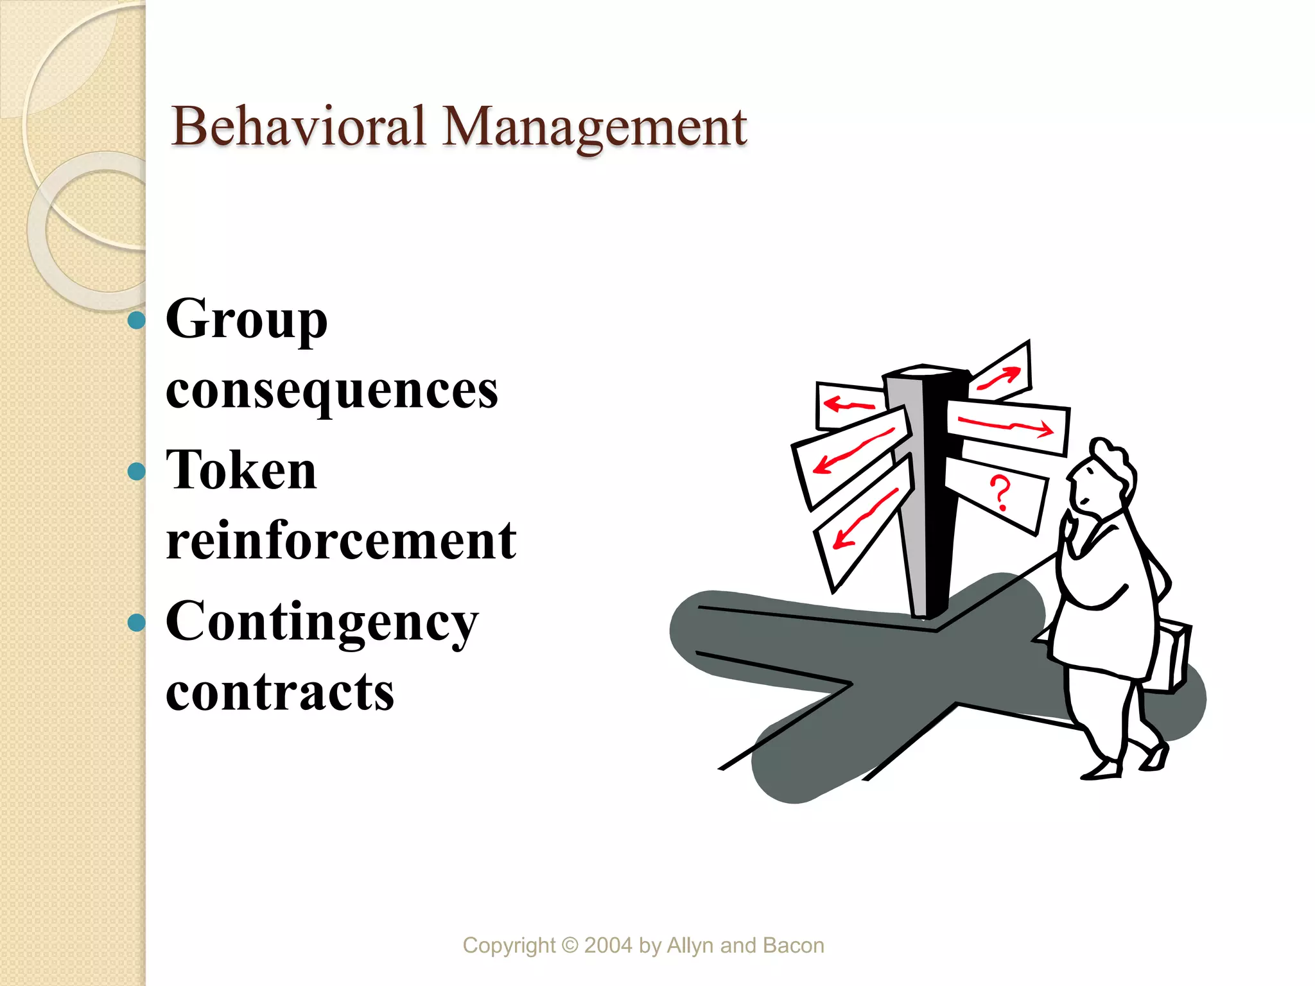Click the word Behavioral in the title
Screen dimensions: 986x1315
click(299, 126)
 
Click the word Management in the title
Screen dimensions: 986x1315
click(595, 127)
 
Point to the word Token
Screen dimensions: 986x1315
click(241, 470)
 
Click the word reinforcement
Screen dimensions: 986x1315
click(341, 541)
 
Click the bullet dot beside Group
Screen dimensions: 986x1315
click(137, 320)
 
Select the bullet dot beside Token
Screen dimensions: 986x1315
click(137, 472)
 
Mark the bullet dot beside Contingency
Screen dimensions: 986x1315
click(137, 622)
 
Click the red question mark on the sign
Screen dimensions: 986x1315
click(1000, 493)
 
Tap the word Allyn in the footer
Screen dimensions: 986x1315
click(691, 946)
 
